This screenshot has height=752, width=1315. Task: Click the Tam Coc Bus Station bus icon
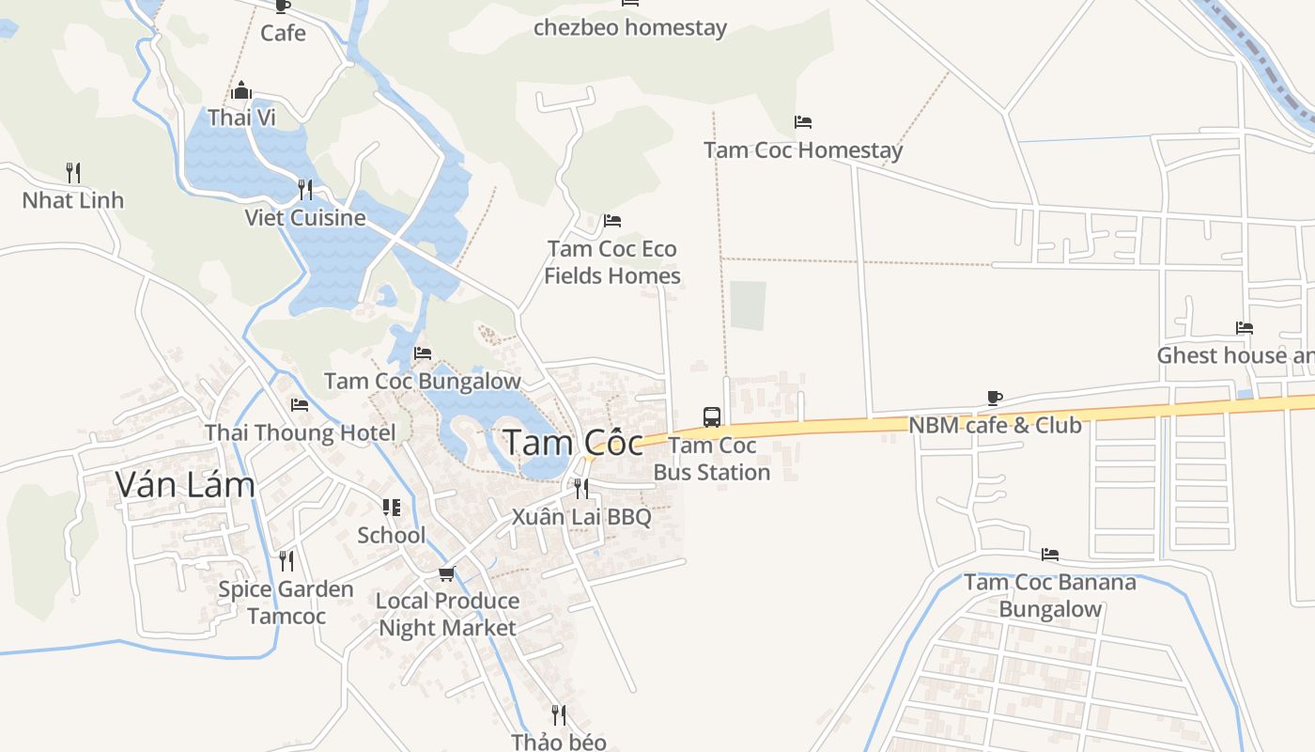pyautogui.click(x=712, y=416)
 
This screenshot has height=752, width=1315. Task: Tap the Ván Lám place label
pyautogui.click(x=185, y=484)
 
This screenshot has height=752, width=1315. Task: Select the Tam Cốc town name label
pyautogui.click(x=573, y=442)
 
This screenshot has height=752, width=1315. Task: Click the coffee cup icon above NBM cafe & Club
pyautogui.click(x=995, y=399)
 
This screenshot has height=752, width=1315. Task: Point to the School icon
pyautogui.click(x=392, y=508)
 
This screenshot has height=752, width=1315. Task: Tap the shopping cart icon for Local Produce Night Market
pyautogui.click(x=446, y=573)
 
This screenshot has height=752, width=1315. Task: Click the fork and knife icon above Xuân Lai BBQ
pyautogui.click(x=581, y=488)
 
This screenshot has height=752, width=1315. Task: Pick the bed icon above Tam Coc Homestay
pyautogui.click(x=802, y=122)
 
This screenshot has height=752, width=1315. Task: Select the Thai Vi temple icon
pyautogui.click(x=241, y=90)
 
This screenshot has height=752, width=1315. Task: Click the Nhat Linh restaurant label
pyautogui.click(x=73, y=200)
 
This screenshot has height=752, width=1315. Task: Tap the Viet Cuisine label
pyautogui.click(x=305, y=218)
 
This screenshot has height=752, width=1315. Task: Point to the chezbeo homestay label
pyautogui.click(x=630, y=28)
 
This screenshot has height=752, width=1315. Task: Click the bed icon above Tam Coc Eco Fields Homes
pyautogui.click(x=612, y=221)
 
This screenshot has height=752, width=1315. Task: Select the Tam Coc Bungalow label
pyautogui.click(x=423, y=381)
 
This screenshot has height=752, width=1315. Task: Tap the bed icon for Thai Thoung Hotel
pyautogui.click(x=300, y=405)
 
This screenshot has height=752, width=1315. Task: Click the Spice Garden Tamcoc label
pyautogui.click(x=286, y=603)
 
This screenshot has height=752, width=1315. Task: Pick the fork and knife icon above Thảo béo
pyautogui.click(x=559, y=714)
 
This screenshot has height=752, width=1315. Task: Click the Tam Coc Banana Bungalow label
pyautogui.click(x=1050, y=595)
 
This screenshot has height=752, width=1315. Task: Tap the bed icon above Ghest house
pyautogui.click(x=1245, y=328)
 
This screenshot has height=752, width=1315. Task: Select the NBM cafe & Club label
pyautogui.click(x=995, y=425)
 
